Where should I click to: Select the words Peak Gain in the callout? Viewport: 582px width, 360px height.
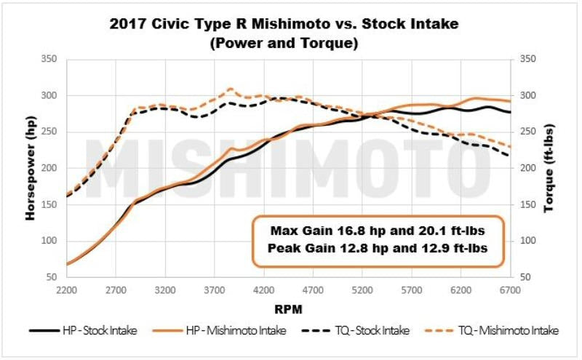(295, 249)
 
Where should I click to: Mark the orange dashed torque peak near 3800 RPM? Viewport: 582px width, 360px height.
(230, 89)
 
